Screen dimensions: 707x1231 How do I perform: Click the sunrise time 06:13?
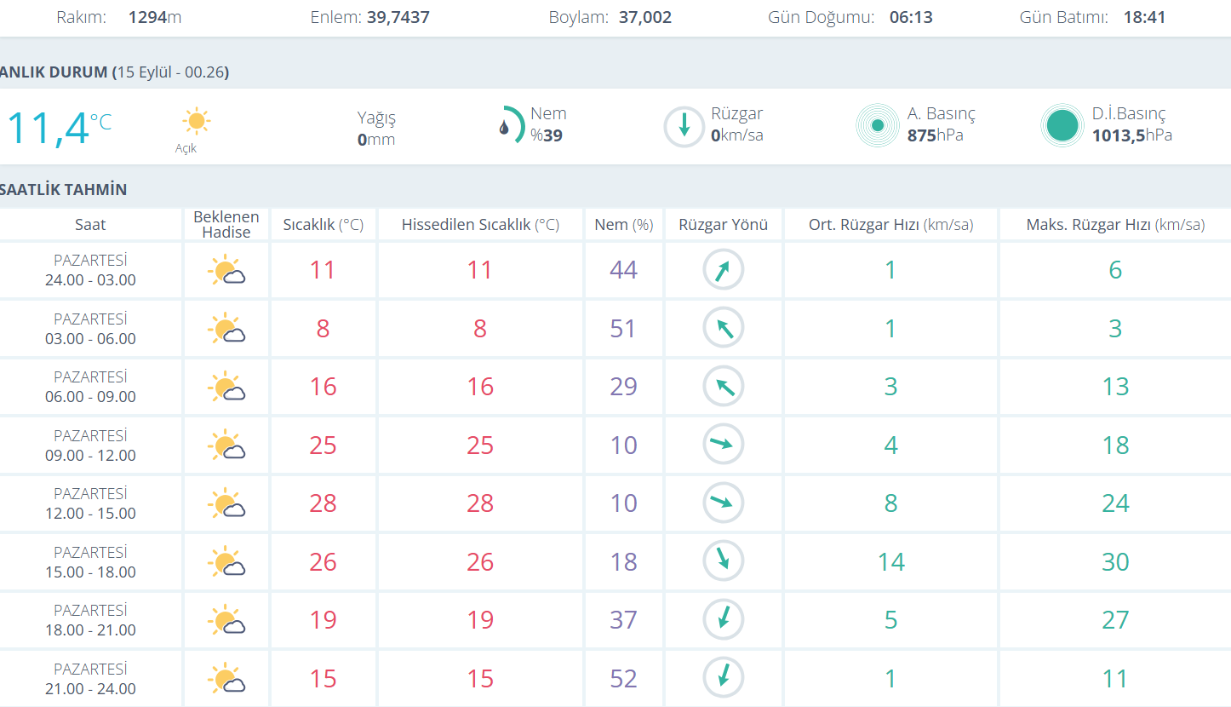point(911,17)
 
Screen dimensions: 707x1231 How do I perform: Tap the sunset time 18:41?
point(1143,17)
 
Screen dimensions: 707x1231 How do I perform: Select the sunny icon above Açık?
point(197,122)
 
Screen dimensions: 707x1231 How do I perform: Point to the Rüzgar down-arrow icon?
point(684,127)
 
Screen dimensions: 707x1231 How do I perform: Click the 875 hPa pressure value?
point(935,135)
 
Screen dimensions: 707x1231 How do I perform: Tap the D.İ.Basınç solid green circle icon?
point(1062,126)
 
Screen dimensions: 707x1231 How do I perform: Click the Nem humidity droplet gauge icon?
point(510,125)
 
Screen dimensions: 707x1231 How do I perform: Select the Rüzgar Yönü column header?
point(723,225)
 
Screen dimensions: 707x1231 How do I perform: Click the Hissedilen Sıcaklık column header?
point(480,225)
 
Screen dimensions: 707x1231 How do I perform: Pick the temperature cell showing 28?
point(323,503)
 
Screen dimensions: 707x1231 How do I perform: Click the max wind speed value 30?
point(1115,562)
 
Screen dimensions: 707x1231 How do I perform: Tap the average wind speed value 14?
point(890,562)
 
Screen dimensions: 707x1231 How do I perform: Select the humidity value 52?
point(623,679)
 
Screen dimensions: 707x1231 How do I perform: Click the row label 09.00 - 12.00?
point(90,456)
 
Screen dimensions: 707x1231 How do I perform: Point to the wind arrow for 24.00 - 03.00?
point(723,271)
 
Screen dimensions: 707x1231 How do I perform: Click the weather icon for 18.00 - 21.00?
point(226,621)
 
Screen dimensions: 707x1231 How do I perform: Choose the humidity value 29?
point(623,387)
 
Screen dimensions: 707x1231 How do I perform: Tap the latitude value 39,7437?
point(398,17)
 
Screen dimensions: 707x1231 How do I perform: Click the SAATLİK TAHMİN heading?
point(64,190)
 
